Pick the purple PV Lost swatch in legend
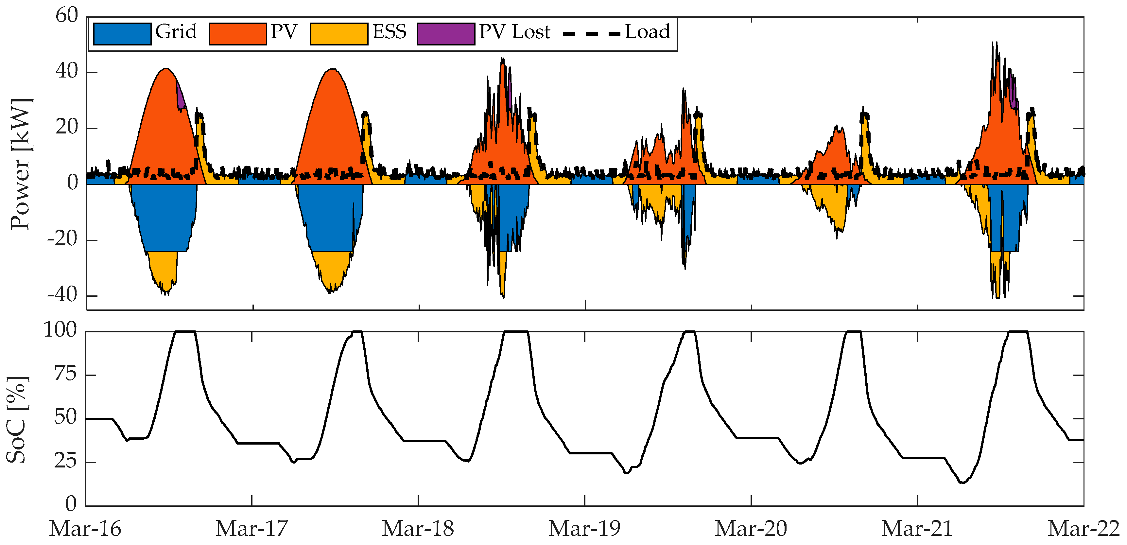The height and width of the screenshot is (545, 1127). pyautogui.click(x=445, y=34)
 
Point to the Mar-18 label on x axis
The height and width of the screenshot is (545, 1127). pyautogui.click(x=418, y=529)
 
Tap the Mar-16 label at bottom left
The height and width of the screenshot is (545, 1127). pyautogui.click(x=85, y=529)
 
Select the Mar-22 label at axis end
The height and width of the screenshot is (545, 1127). pyautogui.click(x=1083, y=529)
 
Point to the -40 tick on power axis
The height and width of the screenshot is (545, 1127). pyautogui.click(x=62, y=295)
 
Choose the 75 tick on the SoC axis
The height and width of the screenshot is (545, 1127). pyautogui.click(x=65, y=374)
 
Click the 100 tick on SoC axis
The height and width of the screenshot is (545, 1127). pyautogui.click(x=61, y=330)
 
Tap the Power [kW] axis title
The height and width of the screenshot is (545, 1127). pyautogui.click(x=21, y=164)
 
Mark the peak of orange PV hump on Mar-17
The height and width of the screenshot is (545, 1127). pyautogui.click(x=333, y=70)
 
